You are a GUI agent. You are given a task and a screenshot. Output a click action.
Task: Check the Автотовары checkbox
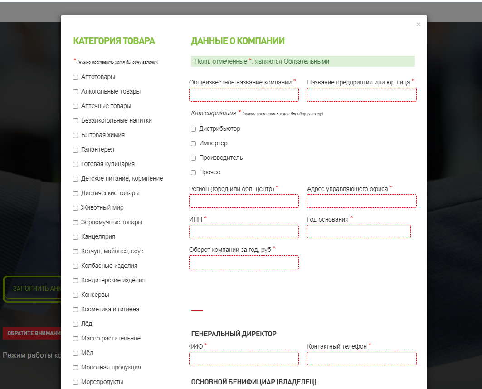click(76, 77)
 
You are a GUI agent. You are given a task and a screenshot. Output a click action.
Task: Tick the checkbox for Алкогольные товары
click(76, 92)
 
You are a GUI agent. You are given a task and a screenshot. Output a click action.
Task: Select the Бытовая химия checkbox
click(76, 135)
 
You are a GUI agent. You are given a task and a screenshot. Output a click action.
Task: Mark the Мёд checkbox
click(76, 353)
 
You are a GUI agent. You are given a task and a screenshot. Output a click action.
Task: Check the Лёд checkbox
click(76, 324)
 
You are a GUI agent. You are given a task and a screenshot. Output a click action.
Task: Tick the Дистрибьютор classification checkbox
click(194, 129)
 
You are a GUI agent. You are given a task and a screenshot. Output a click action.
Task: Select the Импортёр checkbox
click(194, 143)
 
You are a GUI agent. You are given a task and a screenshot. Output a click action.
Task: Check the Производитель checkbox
click(194, 158)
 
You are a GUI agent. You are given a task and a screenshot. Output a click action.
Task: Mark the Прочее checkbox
click(194, 172)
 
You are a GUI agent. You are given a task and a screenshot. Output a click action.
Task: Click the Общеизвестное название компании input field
click(244, 94)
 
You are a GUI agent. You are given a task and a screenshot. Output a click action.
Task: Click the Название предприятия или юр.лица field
click(362, 94)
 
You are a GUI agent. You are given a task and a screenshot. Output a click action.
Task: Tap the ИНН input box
click(244, 231)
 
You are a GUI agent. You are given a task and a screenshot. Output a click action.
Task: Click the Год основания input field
click(359, 231)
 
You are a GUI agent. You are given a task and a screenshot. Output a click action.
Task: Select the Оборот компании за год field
click(244, 262)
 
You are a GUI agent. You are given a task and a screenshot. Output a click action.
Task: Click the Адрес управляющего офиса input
click(362, 201)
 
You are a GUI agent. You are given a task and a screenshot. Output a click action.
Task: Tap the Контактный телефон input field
click(362, 359)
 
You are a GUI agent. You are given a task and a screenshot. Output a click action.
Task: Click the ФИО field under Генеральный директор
click(244, 359)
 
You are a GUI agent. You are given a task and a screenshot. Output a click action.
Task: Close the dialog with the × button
click(418, 25)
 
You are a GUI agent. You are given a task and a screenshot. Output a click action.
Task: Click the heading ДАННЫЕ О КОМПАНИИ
click(238, 41)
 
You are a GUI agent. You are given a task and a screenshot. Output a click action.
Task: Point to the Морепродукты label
click(102, 382)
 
